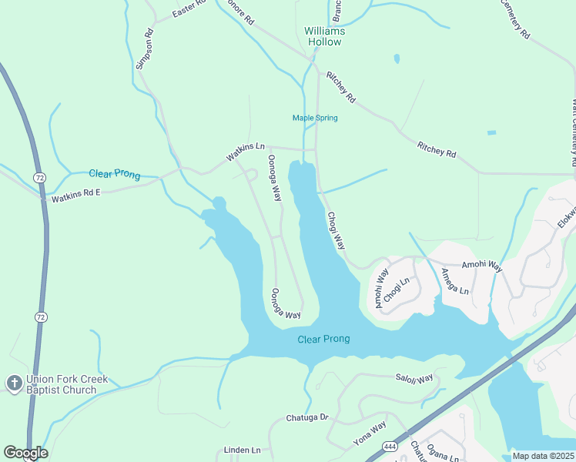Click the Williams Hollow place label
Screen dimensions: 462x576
(x=324, y=36)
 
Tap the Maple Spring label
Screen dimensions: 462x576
(x=315, y=118)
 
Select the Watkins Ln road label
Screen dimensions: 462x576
(x=245, y=151)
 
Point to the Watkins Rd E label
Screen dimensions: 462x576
(x=76, y=197)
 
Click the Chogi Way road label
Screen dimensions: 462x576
(x=336, y=230)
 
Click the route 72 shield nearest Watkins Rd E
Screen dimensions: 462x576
(x=38, y=178)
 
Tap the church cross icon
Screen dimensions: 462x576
(x=13, y=383)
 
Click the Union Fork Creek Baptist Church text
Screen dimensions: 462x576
(x=67, y=384)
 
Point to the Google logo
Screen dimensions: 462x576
(x=25, y=453)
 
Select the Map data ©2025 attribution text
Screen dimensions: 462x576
(x=544, y=456)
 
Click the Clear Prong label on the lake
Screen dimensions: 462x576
(x=323, y=339)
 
